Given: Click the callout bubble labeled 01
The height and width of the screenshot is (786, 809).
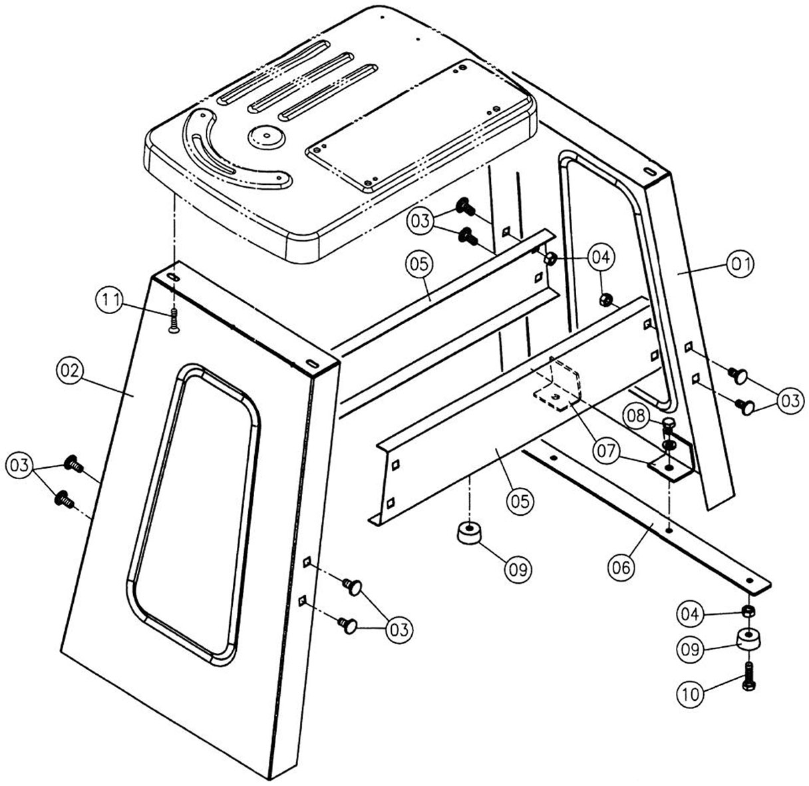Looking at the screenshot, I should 740,264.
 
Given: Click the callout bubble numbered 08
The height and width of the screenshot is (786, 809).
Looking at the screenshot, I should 636,418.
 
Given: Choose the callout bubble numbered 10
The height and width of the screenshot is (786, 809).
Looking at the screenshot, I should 691,693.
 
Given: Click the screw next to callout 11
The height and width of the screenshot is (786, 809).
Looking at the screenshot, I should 173,322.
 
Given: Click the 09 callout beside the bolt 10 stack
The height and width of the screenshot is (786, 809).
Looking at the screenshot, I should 691,647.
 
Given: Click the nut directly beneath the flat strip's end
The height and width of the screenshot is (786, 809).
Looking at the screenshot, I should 748,610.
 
